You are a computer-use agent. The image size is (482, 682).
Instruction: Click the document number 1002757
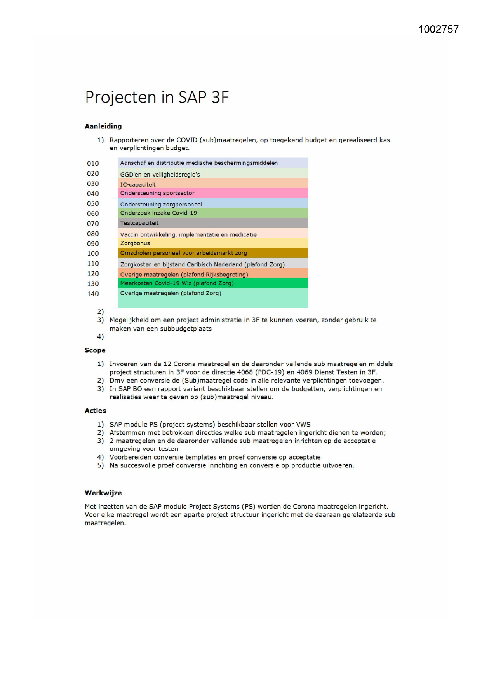[x=438, y=30]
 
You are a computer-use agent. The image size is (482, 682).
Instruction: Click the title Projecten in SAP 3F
[x=157, y=97]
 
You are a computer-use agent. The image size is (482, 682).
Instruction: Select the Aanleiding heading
[x=103, y=126]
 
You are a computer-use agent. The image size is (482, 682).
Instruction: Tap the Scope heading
[x=95, y=350]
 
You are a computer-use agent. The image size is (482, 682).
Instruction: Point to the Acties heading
[x=95, y=411]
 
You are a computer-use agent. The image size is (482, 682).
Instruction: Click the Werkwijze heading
[x=103, y=493]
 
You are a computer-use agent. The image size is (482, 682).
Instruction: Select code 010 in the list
[x=93, y=164]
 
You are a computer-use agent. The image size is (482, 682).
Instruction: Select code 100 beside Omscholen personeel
[x=93, y=254]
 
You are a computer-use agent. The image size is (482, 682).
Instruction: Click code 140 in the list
[x=93, y=294]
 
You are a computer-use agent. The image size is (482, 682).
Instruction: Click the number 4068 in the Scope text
[x=245, y=372]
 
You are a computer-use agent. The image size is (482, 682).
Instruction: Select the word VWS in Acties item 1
[x=303, y=424]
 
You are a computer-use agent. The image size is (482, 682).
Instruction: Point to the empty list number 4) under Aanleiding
[x=101, y=337]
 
